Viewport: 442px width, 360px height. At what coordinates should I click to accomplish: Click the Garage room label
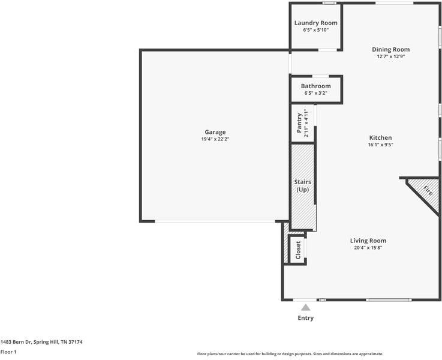215,132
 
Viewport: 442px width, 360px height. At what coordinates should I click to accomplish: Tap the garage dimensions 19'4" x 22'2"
215,139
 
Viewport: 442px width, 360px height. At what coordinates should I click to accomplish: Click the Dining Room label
390,49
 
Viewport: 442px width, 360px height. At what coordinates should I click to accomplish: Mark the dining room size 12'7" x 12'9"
390,57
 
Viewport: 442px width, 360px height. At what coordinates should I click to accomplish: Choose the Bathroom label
315,86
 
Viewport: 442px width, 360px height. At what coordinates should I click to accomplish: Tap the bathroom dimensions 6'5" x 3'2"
315,93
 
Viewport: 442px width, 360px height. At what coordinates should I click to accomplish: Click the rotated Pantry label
299,124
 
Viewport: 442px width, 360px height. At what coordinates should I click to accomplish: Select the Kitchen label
380,137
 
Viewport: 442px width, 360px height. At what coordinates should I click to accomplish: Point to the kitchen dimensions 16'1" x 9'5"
380,145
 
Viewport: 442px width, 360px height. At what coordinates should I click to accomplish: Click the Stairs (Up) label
302,185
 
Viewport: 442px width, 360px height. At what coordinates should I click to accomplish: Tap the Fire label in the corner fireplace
428,191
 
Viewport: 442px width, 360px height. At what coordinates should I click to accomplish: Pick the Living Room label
368,241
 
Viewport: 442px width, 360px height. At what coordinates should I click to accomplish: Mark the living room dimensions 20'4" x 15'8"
368,248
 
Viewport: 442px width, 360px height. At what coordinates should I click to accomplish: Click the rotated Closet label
298,250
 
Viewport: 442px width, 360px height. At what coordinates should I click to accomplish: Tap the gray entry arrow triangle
306,308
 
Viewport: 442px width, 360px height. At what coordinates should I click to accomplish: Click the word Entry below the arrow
306,318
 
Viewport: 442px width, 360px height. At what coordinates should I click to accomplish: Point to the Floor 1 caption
8,352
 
